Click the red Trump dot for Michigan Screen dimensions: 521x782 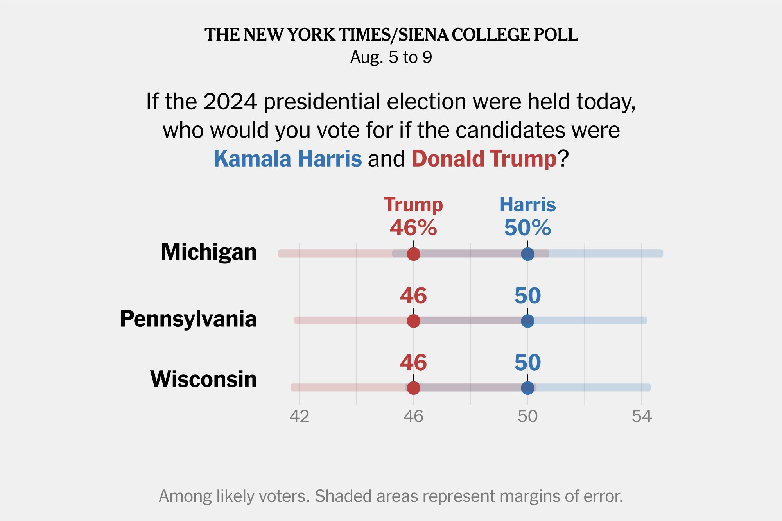413,254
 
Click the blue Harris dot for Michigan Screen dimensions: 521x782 527,254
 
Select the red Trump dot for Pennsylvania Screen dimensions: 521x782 413,321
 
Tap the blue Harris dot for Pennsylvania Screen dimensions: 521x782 527,321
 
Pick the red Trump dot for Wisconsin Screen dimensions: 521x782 413,388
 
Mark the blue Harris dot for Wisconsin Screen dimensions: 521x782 527,388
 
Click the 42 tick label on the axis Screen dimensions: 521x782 300,416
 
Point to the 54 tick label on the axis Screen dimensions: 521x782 642,416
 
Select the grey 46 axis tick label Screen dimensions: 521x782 413,416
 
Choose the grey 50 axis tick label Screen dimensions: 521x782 527,416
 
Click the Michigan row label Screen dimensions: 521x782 209,252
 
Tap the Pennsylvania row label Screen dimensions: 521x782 188,319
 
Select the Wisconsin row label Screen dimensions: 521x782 203,379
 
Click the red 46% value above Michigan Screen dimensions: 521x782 413,227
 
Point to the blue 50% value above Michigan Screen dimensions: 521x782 527,227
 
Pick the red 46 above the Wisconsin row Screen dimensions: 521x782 413,362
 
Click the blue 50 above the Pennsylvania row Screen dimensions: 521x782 527,295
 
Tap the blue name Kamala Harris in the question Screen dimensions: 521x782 287,159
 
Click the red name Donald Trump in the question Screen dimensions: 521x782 484,159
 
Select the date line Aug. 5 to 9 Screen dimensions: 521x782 391,57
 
